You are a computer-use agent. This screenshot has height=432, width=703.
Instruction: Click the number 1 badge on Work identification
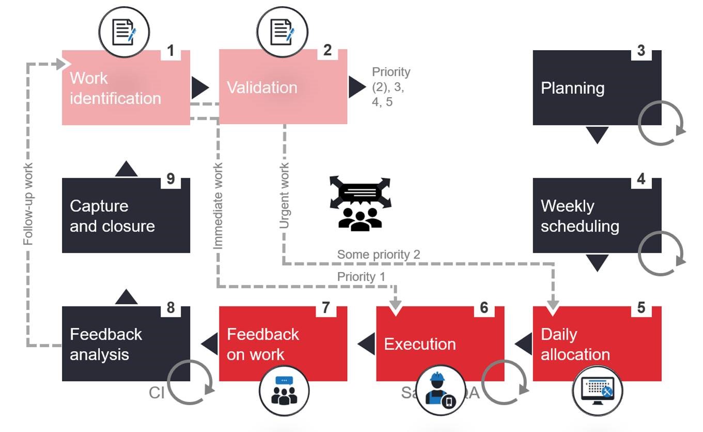tap(170, 51)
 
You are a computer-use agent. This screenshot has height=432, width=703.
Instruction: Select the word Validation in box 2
tap(262, 87)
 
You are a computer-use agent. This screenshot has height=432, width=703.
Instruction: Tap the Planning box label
tap(572, 88)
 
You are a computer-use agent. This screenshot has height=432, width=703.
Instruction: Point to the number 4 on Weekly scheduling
tap(641, 179)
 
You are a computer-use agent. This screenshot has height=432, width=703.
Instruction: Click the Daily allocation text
tap(575, 344)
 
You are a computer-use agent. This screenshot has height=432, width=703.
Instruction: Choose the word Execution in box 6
tap(419, 344)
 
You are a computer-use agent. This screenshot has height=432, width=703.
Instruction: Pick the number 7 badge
tap(326, 307)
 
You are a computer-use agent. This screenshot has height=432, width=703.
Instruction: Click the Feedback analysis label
tap(106, 344)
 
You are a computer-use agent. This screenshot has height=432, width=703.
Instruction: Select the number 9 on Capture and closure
tap(170, 179)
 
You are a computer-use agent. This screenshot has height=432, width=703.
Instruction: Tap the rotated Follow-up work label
tap(28, 204)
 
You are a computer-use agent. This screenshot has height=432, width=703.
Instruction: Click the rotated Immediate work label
tap(218, 206)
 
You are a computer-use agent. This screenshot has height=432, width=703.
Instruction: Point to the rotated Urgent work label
tap(284, 196)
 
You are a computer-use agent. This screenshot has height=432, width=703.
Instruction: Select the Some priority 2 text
tap(379, 254)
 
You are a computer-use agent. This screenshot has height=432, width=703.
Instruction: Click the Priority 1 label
tap(361, 276)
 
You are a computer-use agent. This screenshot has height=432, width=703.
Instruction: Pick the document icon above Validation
tap(282, 32)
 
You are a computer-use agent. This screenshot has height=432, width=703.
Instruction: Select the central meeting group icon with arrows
tap(360, 203)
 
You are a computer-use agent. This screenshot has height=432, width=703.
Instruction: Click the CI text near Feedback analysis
tap(157, 393)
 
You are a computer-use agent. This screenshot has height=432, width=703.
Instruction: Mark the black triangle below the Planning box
tap(597, 135)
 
